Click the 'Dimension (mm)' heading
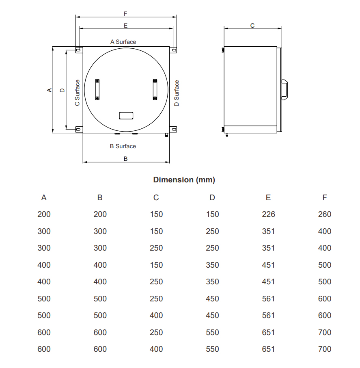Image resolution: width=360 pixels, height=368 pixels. coord(184,180)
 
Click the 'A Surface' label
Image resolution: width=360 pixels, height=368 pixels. coord(123,42)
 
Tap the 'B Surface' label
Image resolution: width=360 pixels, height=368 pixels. coord(123,146)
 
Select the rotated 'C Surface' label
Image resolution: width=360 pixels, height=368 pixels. coord(77,93)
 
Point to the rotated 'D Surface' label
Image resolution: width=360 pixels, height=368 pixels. coord(177,93)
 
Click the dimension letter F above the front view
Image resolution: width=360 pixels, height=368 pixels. coord(125,13)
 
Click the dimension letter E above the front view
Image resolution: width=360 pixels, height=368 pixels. coord(125,25)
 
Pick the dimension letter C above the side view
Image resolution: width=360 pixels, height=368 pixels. coord(252,25)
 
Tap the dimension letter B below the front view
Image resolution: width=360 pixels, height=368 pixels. coord(125,159)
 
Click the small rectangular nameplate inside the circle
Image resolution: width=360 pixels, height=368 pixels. coord(126,115)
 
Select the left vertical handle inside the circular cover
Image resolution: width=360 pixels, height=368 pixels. coord(97,89)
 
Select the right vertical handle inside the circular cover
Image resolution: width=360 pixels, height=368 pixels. coord(155,89)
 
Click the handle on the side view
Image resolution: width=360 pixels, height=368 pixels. coord(285,90)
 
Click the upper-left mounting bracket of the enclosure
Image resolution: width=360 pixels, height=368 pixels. coord(78,50)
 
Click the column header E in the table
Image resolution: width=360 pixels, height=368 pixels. coord(268,198)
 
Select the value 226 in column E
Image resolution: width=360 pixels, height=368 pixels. coord(268,214)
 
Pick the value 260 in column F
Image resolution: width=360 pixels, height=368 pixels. coord(324,214)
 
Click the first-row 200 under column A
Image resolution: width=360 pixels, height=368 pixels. coord(44,214)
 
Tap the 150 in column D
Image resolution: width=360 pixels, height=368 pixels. coord(212,214)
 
